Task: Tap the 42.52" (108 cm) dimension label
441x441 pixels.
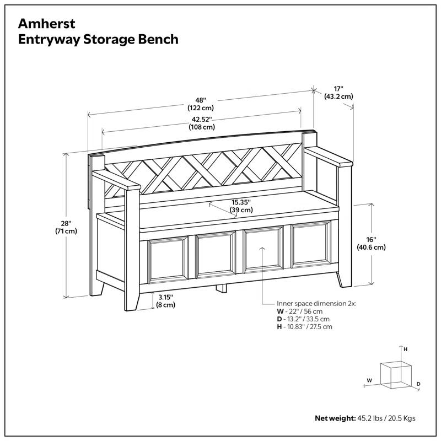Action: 202,122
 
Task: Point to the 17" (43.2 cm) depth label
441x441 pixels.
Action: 338,92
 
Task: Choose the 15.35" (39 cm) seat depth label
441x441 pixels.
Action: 241,206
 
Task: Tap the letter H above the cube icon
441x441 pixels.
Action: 405,349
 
